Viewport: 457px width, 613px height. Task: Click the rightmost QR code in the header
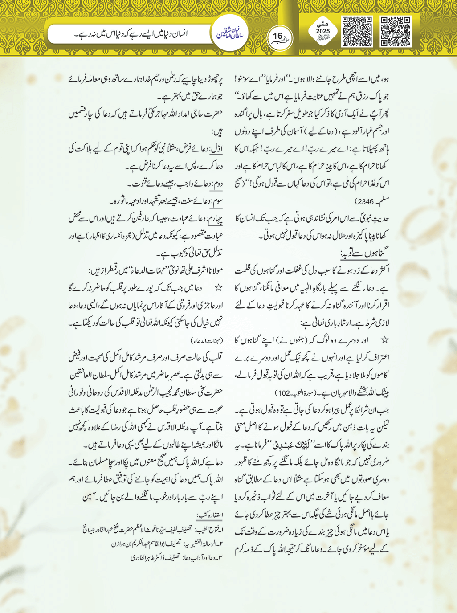tap(395, 32)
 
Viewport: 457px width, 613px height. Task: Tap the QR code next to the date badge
tap(357, 32)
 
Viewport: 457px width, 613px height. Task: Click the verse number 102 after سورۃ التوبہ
tap(282, 393)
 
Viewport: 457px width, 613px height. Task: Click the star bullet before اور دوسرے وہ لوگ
tap(384, 340)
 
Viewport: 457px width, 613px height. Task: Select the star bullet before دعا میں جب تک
tap(218, 288)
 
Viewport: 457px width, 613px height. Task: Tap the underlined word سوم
tap(216, 201)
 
